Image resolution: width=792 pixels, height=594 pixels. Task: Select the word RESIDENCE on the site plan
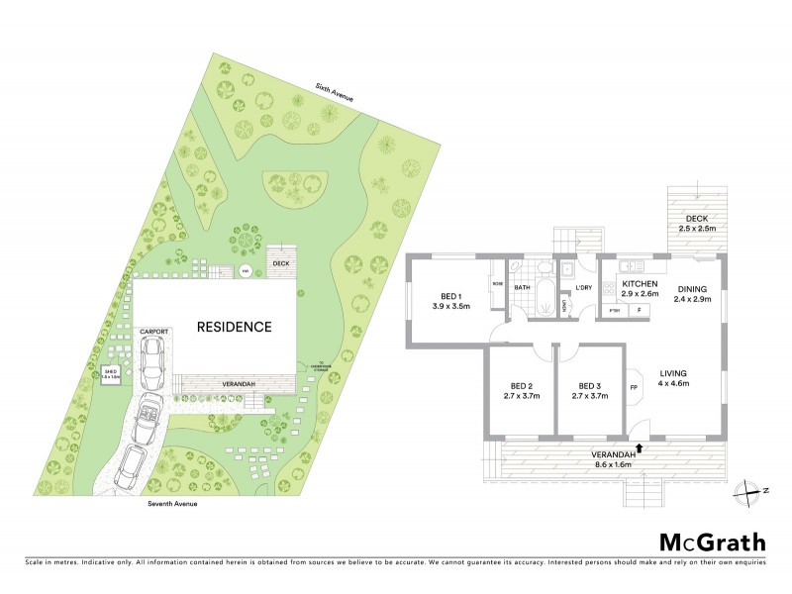pyautogui.click(x=233, y=326)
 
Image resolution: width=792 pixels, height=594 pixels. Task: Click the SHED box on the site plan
pyautogui.click(x=112, y=373)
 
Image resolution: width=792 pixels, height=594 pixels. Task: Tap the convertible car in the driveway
pyautogui.click(x=148, y=415)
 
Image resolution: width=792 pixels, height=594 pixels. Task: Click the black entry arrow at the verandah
pyautogui.click(x=640, y=447)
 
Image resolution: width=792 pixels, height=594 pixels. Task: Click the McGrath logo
pyautogui.click(x=712, y=542)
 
